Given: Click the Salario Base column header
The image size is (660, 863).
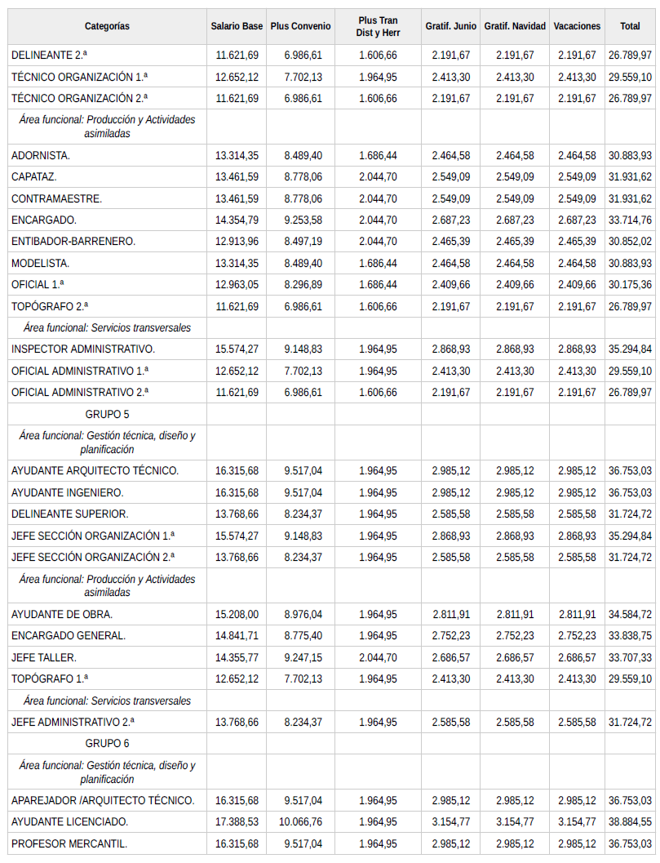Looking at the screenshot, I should (x=237, y=26).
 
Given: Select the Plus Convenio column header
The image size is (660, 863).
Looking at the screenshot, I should (x=300, y=26).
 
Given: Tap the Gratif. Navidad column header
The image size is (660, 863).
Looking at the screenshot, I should (x=515, y=26).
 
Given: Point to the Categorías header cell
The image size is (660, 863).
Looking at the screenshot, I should (x=107, y=26).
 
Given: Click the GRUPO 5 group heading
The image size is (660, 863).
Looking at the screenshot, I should (x=107, y=414).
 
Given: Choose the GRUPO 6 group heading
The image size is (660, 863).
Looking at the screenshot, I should (x=107, y=744).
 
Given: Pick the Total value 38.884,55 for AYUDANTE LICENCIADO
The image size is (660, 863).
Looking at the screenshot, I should (x=630, y=822).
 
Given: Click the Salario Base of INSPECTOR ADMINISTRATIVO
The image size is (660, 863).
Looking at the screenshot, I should (x=237, y=349).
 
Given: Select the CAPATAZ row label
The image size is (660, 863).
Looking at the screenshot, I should (x=34, y=177).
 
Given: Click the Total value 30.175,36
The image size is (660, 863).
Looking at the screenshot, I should (x=630, y=285).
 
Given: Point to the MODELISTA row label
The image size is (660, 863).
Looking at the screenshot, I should (x=41, y=264).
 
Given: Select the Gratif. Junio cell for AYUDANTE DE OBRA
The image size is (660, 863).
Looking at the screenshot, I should (x=451, y=614).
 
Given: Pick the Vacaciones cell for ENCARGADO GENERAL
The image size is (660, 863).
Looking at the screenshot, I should (x=577, y=636).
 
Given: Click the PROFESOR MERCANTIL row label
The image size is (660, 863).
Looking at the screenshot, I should (x=69, y=843).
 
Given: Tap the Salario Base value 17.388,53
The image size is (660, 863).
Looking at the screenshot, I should (x=237, y=822).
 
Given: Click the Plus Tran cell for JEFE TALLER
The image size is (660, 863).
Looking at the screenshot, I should (x=378, y=657).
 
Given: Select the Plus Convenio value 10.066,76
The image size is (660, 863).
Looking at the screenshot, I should (x=300, y=822).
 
